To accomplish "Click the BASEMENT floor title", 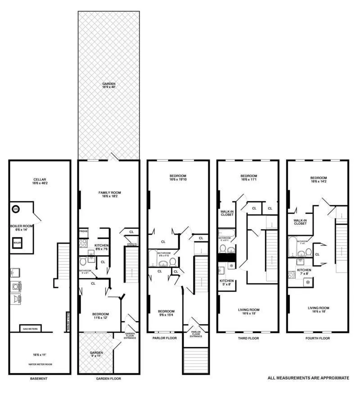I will pos(38,378).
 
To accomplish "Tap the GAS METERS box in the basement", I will pos(30,329).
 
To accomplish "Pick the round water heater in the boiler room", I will pos(16,209).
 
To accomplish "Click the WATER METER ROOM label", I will pos(39,364).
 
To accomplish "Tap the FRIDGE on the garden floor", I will pos(84,232).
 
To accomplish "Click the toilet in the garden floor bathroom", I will pos(83,261).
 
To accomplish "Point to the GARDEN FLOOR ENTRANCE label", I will pos(130,336).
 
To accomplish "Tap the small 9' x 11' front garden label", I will pos(96,354).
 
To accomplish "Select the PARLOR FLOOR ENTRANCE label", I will pos(196,334).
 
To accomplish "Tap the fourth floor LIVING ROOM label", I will pos(319,310).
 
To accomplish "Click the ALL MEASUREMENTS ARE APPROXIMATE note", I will pos(308,378).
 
